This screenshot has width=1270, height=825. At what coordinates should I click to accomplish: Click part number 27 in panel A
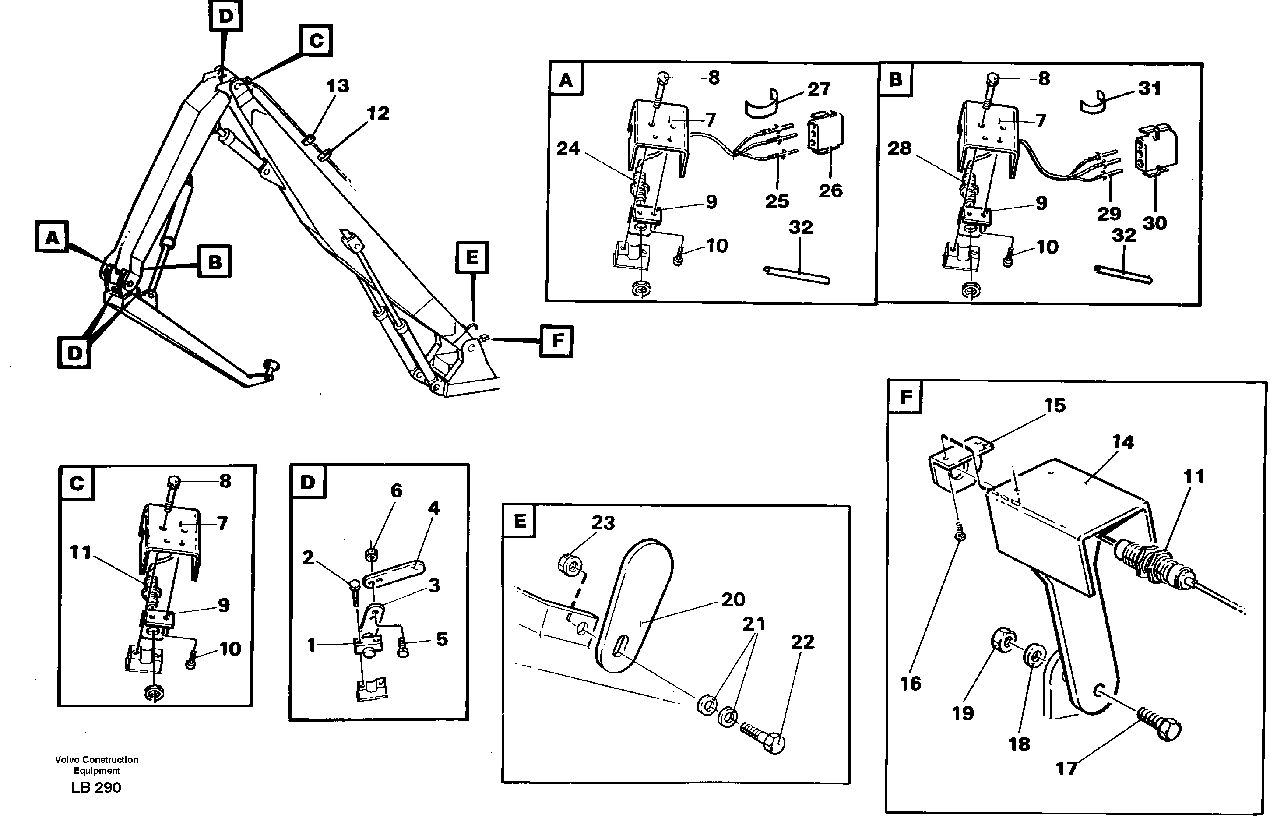click(x=819, y=89)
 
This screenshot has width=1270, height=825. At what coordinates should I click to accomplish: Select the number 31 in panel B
click(x=1149, y=88)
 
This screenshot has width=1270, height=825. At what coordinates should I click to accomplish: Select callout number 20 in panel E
click(x=733, y=600)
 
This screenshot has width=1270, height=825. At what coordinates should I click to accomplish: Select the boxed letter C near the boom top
click(x=316, y=41)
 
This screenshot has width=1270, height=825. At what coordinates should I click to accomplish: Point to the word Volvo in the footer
click(x=67, y=759)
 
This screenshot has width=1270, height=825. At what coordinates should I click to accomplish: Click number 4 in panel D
click(x=434, y=508)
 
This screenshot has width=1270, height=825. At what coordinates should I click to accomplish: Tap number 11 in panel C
click(x=81, y=552)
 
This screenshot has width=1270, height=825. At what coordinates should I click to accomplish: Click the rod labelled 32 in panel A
click(x=796, y=275)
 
